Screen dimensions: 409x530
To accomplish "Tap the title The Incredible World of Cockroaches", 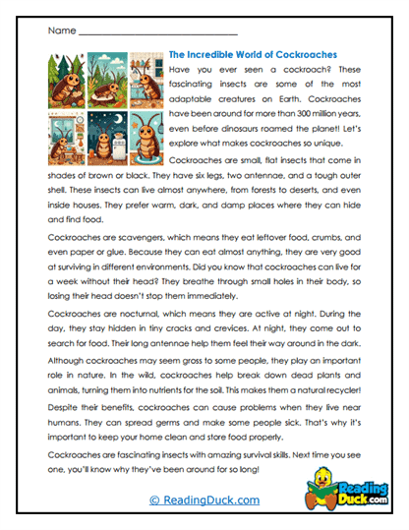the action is (x=254, y=55).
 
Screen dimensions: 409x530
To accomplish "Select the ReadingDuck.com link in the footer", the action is (x=204, y=501).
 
